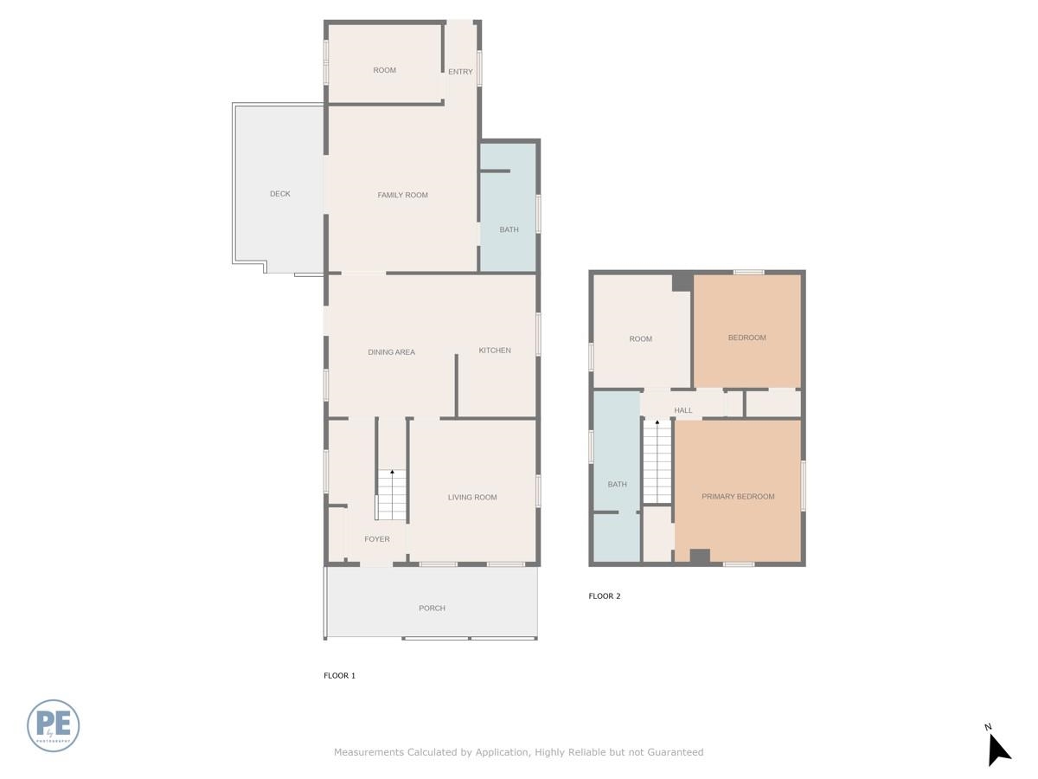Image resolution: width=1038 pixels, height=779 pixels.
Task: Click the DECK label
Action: click(x=279, y=194)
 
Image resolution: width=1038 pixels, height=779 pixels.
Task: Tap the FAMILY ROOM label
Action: click(x=402, y=196)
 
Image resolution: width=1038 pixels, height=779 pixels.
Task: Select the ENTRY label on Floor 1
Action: click(x=460, y=72)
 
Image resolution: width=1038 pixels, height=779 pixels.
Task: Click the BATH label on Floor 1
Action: click(x=509, y=230)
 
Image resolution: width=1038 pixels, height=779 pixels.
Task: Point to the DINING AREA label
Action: click(x=391, y=352)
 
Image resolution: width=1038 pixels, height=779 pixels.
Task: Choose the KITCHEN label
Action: click(x=495, y=351)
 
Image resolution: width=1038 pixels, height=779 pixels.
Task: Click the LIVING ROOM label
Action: click(x=471, y=498)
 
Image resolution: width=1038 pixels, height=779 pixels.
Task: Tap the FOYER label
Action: click(x=376, y=539)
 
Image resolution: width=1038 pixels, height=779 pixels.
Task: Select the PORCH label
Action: click(x=432, y=608)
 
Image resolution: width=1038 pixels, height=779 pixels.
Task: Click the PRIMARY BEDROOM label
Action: click(x=738, y=497)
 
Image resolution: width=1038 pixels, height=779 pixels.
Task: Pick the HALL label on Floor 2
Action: click(x=682, y=410)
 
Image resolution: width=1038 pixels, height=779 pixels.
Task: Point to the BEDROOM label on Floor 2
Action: click(x=746, y=338)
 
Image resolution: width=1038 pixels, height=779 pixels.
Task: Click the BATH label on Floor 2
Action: click(x=617, y=485)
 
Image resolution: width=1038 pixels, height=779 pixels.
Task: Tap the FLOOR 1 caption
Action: click(x=339, y=676)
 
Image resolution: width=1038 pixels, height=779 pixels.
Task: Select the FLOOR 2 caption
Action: click(x=605, y=596)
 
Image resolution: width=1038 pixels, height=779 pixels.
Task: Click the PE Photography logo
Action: click(x=54, y=725)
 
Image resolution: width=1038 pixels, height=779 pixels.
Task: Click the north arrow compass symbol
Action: click(x=998, y=749)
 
